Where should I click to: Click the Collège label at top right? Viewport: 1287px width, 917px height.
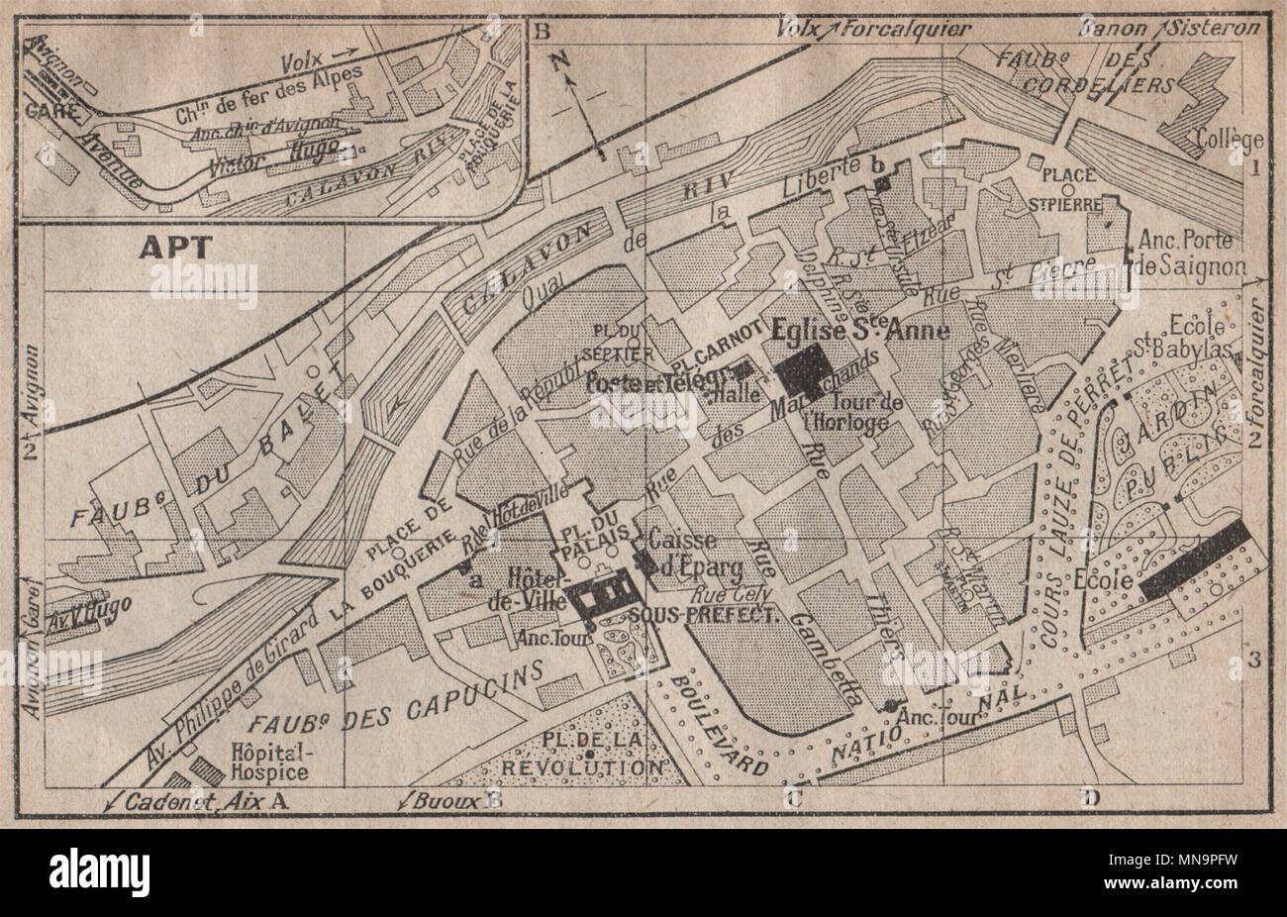(1229, 138)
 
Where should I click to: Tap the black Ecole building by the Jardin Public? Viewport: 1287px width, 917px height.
(1195, 559)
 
